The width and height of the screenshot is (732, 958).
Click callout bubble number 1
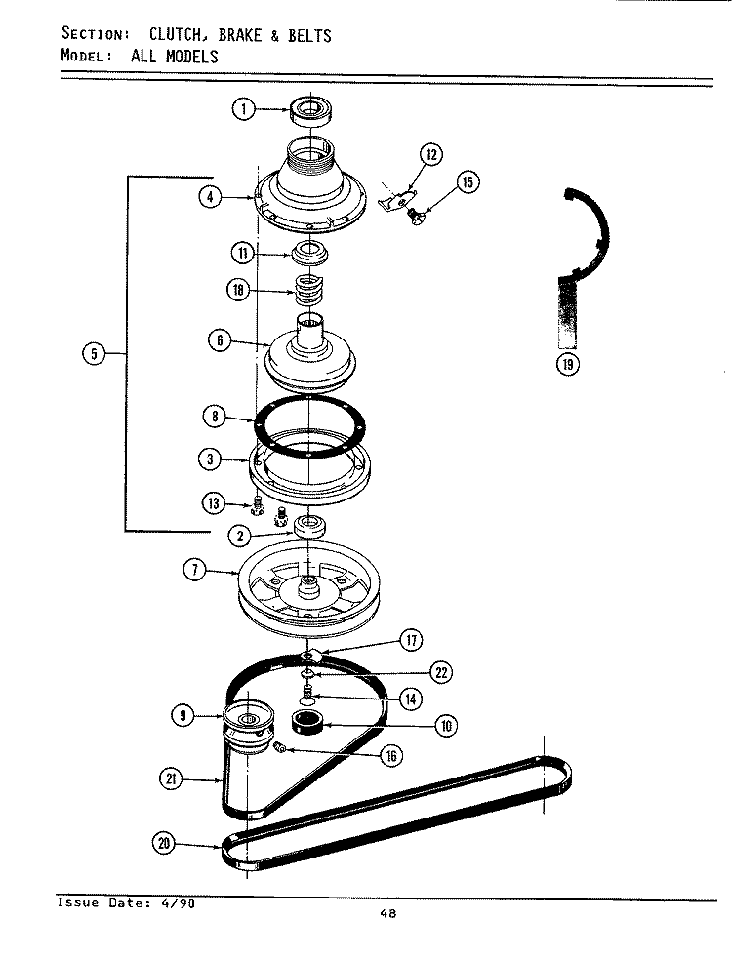(x=243, y=109)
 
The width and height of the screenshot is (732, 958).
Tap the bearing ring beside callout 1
(x=311, y=109)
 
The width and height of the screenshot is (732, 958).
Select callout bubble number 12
(x=430, y=153)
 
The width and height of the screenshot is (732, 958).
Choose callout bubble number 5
(x=93, y=354)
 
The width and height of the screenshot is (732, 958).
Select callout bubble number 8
(x=215, y=418)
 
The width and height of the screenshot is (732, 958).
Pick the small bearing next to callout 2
(x=309, y=528)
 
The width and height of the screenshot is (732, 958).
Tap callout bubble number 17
(x=411, y=641)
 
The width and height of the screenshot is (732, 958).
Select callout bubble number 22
(x=440, y=672)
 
